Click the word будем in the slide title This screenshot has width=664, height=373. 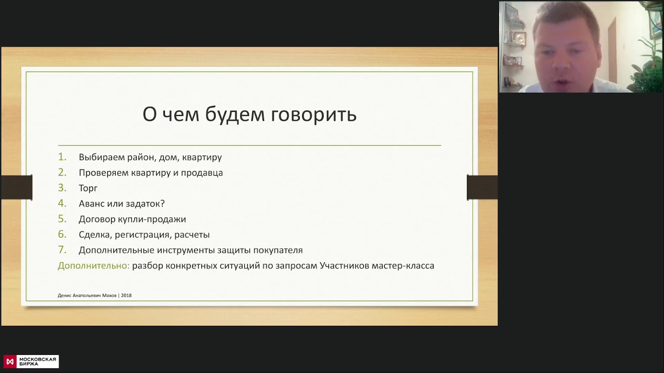[235, 114]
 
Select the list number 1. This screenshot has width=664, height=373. [62, 157]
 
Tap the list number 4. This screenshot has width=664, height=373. [62, 204]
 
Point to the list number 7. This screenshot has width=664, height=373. [62, 250]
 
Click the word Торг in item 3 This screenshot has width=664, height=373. [88, 188]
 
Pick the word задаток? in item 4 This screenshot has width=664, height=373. [145, 204]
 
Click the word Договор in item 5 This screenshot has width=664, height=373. [97, 219]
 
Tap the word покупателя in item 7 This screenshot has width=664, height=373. [278, 250]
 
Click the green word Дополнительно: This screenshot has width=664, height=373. [94, 266]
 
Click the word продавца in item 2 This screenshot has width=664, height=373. [202, 173]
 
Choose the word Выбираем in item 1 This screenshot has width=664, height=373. [102, 157]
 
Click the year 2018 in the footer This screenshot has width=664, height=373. [126, 295]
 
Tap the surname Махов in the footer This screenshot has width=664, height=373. [109, 295]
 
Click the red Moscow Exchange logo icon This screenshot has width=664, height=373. [10, 362]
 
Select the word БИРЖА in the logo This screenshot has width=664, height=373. [29, 364]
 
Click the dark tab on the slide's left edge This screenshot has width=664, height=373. [17, 187]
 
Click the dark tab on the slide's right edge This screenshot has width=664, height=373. [482, 187]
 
